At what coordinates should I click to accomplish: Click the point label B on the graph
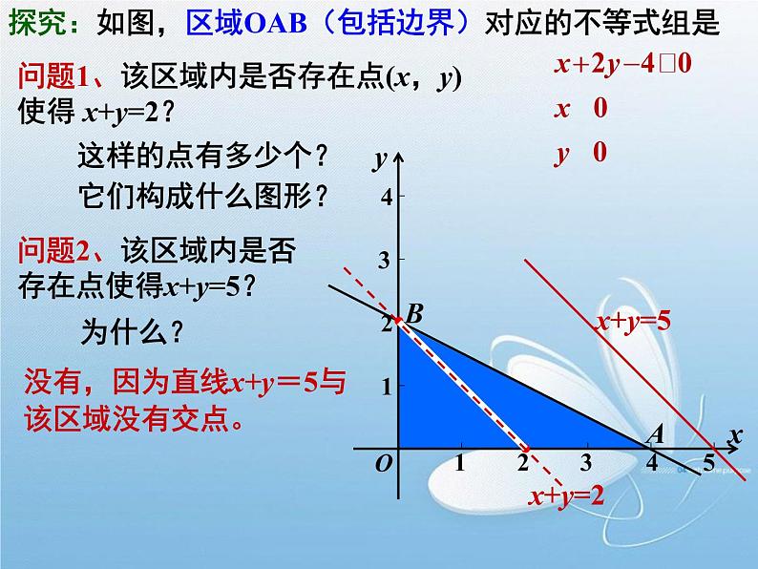[414, 312]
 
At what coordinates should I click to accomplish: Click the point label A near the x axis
[655, 434]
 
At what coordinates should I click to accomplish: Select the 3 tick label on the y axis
[386, 260]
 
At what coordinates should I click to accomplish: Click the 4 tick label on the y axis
[386, 197]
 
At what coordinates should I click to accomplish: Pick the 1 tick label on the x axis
[459, 464]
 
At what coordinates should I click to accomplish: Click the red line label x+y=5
[634, 321]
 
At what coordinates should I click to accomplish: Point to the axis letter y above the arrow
[380, 156]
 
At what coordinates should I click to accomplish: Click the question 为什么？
[133, 331]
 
